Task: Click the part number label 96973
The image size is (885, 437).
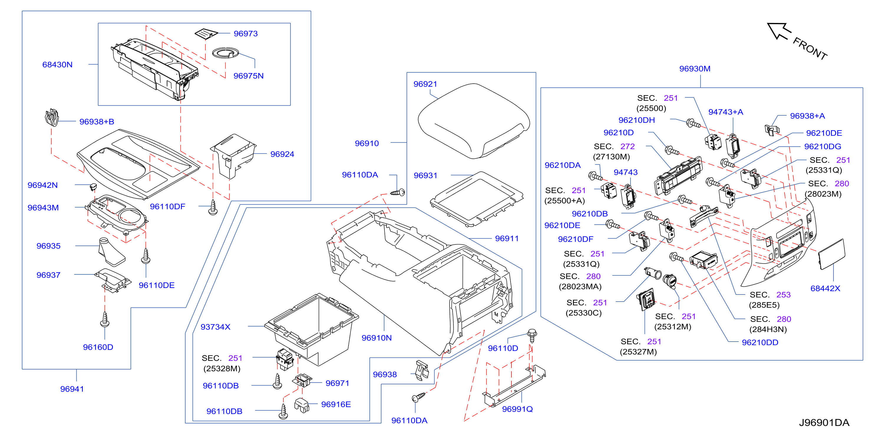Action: (245, 34)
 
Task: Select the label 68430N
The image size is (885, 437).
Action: (57, 64)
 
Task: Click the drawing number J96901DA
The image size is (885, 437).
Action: (824, 423)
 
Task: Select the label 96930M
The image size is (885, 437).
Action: (695, 69)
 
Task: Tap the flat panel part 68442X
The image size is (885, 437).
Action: (831, 254)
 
